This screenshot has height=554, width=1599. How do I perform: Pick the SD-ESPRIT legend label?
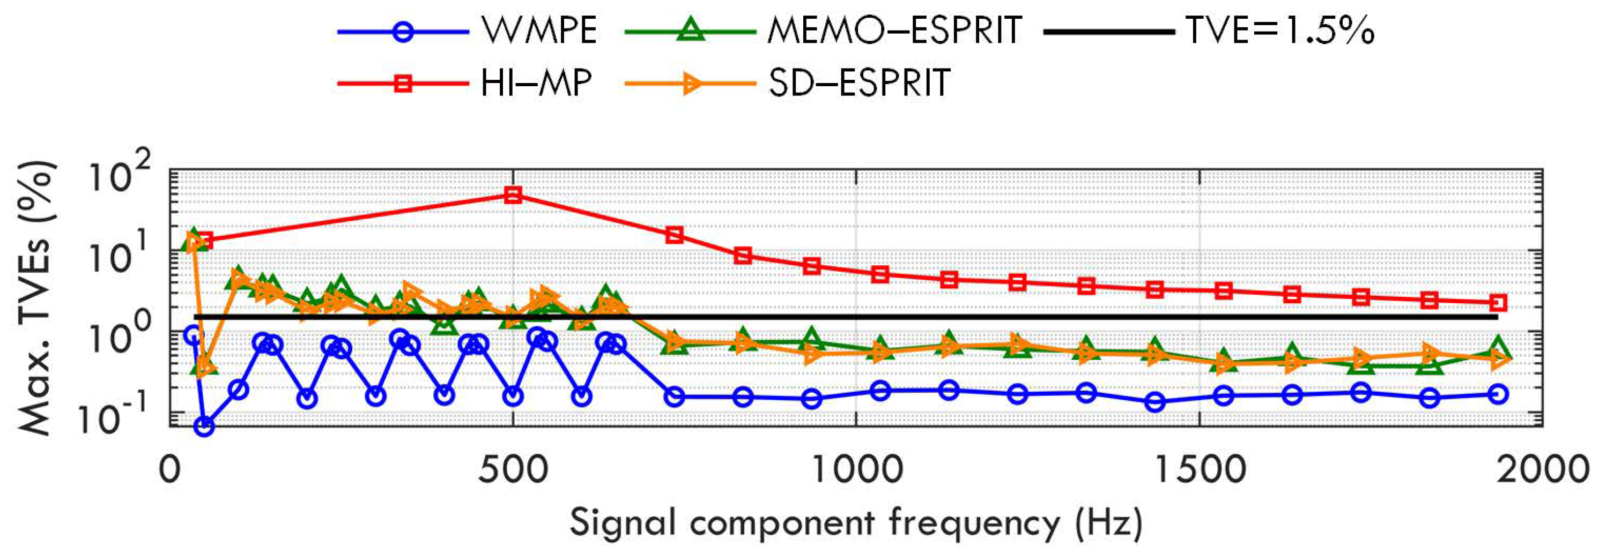(x=859, y=83)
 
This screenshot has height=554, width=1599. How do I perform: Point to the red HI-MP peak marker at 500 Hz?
(x=513, y=195)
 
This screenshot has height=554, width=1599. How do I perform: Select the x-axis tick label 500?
(x=513, y=470)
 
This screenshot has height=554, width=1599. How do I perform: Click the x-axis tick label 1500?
(x=1199, y=470)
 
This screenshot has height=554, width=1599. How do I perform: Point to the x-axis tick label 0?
(x=170, y=470)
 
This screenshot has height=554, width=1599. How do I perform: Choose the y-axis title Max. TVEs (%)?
(x=37, y=298)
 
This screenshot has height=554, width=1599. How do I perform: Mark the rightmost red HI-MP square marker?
(x=1498, y=303)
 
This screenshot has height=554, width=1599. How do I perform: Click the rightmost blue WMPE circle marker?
(x=1498, y=394)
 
